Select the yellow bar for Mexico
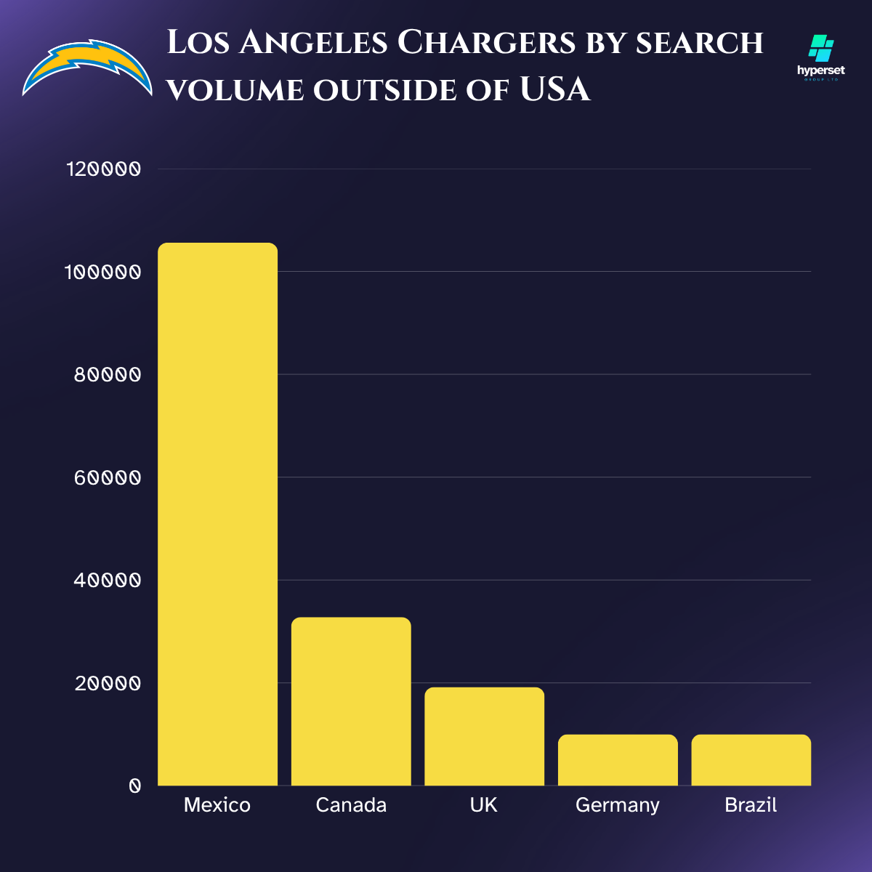click(217, 514)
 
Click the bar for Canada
click(351, 701)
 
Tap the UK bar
click(484, 736)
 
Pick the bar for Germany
click(618, 759)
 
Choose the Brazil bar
click(751, 759)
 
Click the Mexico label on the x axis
click(217, 805)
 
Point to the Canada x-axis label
click(351, 805)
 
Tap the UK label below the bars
click(484, 805)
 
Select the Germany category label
click(618, 806)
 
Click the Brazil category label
click(751, 805)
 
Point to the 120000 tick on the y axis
click(102, 169)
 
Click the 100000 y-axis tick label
click(102, 272)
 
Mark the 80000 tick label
click(107, 375)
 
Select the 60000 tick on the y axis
click(107, 478)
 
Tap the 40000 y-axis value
click(107, 581)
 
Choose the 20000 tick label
click(107, 684)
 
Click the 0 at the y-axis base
click(134, 786)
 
